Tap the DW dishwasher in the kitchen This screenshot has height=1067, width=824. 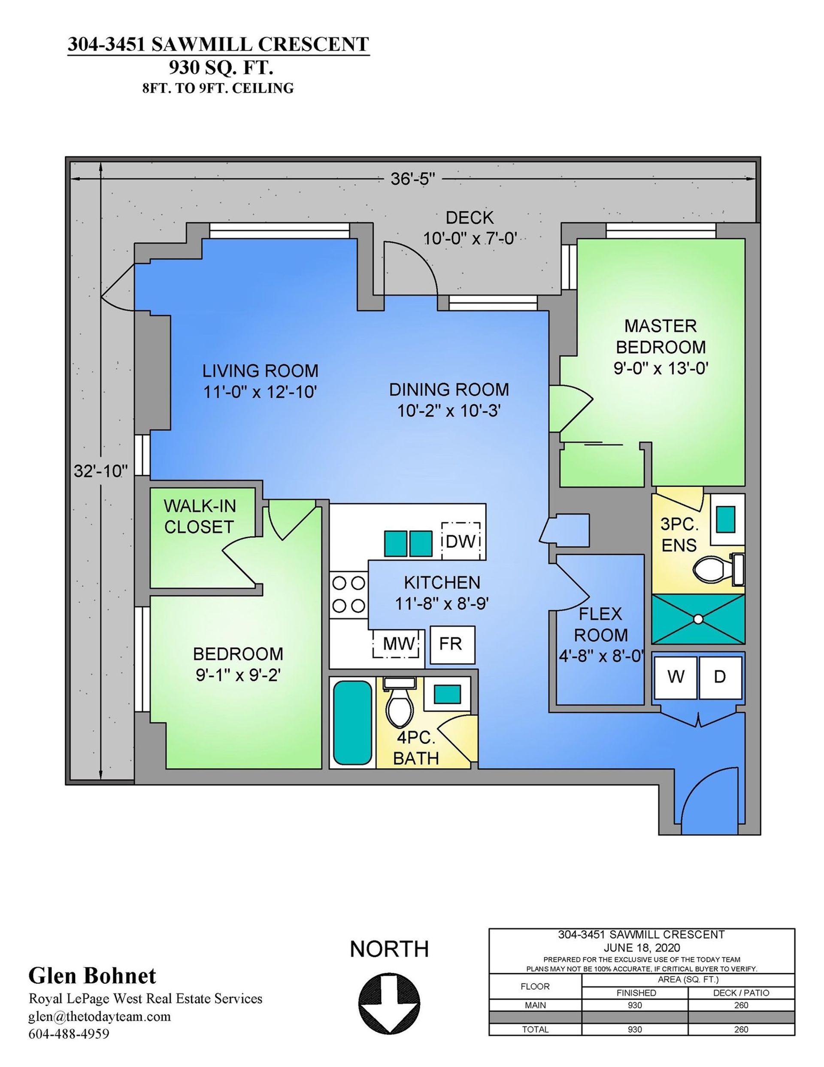[460, 541]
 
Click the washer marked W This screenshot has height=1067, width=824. [676, 677]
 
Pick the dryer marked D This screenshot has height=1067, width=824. [719, 677]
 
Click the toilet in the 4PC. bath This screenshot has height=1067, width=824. [399, 703]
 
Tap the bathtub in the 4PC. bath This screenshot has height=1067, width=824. [351, 722]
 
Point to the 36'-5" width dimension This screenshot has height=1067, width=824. [413, 179]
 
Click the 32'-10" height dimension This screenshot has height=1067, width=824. [100, 471]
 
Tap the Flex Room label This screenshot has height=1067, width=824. [600, 624]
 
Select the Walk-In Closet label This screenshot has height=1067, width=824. [199, 516]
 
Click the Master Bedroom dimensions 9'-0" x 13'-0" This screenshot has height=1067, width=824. [661, 368]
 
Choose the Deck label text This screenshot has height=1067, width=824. [470, 218]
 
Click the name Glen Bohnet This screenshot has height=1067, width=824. [92, 975]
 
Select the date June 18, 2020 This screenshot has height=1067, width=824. [641, 948]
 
